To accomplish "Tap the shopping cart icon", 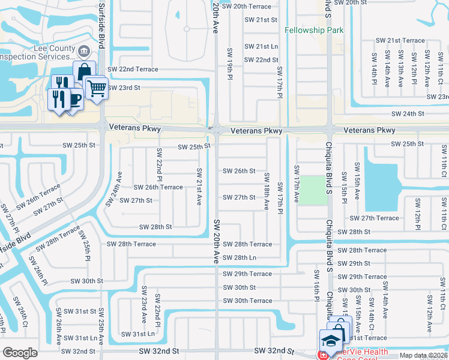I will coord(96,88).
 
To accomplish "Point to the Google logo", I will coord(20,353).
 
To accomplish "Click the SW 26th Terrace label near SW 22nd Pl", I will coord(158,187).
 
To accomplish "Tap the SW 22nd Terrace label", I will coord(133,69).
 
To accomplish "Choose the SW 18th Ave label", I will coord(267,191).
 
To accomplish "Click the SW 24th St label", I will coord(408,113).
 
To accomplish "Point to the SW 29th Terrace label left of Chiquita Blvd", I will coord(247,274).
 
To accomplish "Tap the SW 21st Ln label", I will coord(261,46).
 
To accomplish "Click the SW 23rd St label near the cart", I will coord(124,88).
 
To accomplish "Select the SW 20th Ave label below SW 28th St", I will coord(216,242).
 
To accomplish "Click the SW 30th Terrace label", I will coord(247,301).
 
